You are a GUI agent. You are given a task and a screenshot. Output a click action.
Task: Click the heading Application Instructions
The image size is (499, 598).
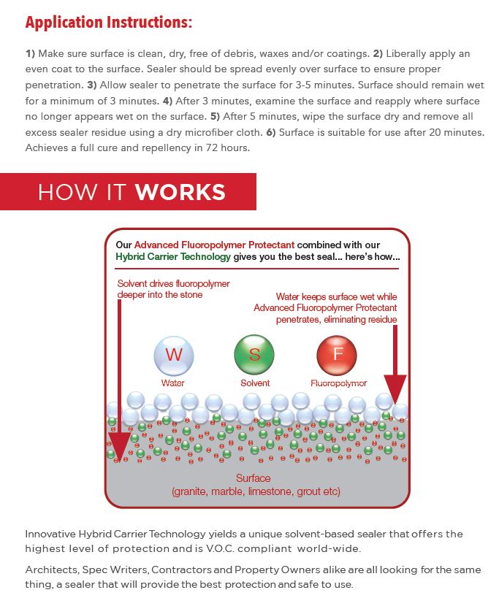(109, 22)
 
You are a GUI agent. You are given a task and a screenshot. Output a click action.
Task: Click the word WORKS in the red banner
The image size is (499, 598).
(180, 192)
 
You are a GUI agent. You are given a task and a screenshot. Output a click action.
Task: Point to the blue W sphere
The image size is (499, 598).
(173, 355)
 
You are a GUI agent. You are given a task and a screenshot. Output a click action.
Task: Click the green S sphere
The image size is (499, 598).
(254, 355)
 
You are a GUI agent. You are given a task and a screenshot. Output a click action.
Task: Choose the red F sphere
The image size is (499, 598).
(336, 355)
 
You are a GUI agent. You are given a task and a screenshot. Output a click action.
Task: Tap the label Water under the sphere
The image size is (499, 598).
(173, 383)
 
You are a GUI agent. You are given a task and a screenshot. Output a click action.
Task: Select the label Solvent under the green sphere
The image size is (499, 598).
(255, 383)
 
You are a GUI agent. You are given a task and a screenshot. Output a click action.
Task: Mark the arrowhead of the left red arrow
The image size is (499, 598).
(118, 444)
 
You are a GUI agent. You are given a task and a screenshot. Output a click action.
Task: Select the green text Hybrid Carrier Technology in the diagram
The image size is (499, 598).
(173, 257)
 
